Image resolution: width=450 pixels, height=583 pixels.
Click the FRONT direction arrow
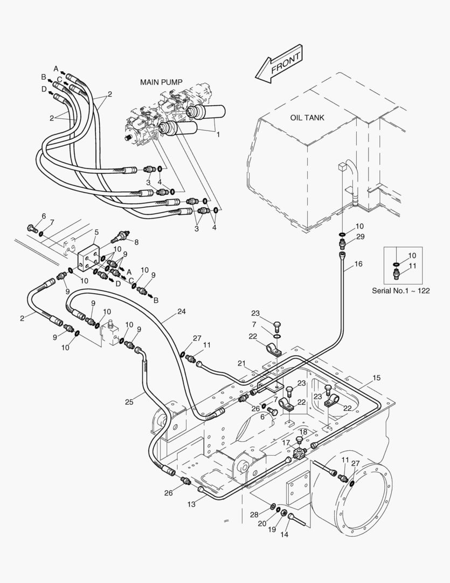(x=279, y=65)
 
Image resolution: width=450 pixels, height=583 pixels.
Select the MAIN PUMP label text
(x=161, y=82)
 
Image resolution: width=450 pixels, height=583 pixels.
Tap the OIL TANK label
(x=307, y=118)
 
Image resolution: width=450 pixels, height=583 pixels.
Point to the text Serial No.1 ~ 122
(x=401, y=290)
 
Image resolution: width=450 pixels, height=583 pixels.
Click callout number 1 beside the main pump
(x=218, y=134)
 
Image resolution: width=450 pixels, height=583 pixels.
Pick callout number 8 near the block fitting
(x=136, y=242)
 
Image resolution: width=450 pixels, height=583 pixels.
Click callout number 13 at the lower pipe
(x=191, y=504)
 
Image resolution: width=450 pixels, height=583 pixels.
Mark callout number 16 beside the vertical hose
(x=358, y=265)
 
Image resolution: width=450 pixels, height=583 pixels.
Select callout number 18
(x=303, y=432)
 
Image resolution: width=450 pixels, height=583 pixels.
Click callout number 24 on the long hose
(x=181, y=311)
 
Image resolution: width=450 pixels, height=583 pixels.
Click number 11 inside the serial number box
(x=412, y=266)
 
